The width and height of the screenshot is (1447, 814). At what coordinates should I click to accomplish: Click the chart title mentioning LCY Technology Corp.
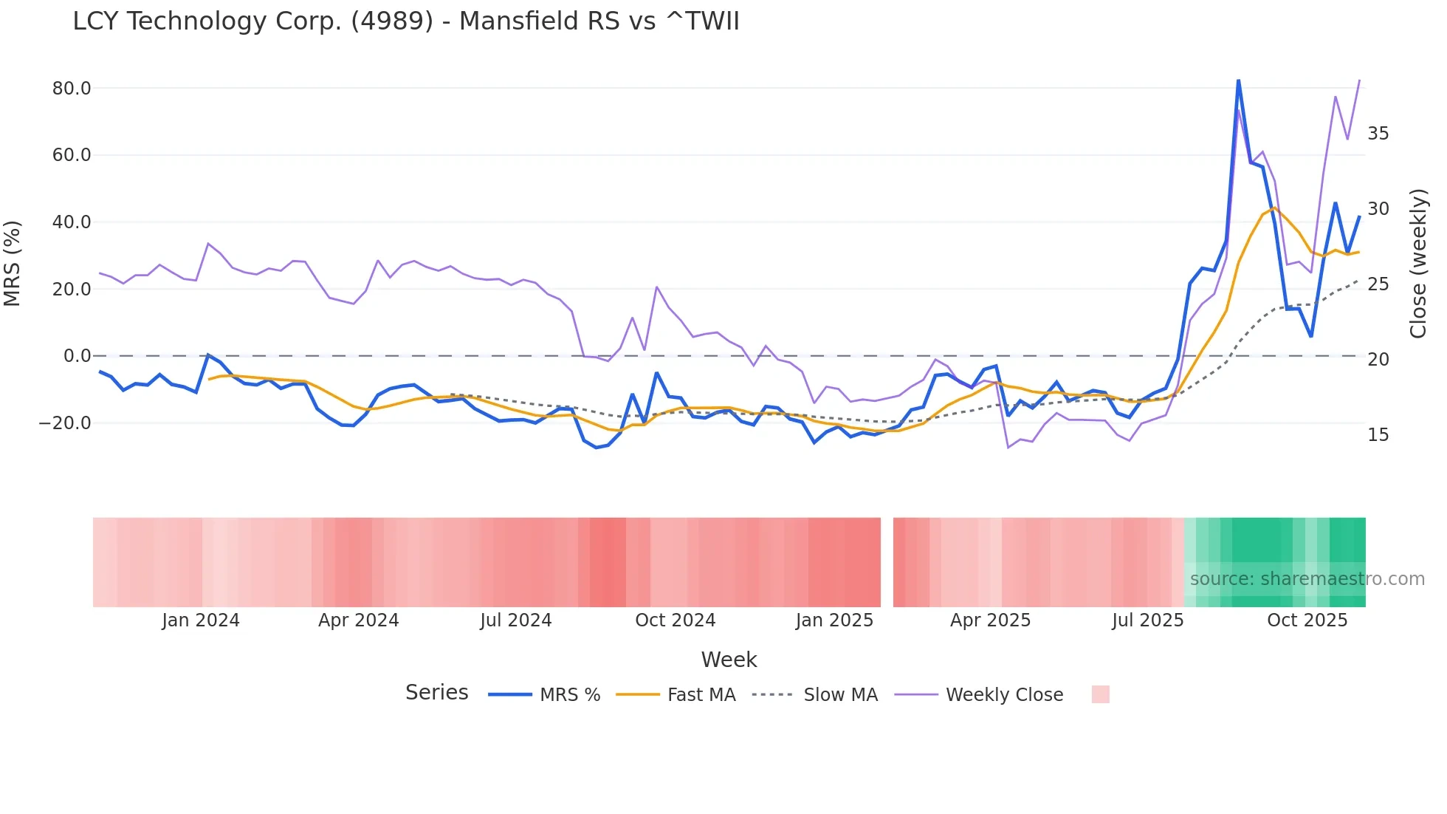[406, 21]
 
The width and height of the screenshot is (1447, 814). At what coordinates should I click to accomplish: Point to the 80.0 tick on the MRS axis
[72, 89]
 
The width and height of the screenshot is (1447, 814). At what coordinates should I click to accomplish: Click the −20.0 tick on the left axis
[66, 423]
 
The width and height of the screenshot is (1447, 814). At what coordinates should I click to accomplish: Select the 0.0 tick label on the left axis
[78, 356]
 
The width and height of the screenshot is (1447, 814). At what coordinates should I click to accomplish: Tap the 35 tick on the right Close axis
[1378, 134]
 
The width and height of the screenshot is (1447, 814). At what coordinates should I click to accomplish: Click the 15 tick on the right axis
[1378, 435]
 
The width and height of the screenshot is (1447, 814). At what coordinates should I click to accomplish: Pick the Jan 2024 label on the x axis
[201, 620]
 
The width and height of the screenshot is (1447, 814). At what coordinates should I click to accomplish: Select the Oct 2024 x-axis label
[676, 620]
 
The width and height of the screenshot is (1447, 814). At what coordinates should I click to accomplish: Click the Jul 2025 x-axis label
[1148, 620]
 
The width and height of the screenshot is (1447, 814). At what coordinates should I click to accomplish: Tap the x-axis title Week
[729, 660]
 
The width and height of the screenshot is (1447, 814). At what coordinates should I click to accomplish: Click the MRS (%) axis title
[13, 263]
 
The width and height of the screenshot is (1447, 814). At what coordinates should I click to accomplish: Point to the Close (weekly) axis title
[1418, 264]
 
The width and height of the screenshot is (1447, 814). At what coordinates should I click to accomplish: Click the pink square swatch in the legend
[1100, 694]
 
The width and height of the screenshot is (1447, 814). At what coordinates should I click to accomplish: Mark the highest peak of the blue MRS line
[1238, 80]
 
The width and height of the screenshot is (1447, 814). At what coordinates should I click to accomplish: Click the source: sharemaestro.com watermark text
[1307, 579]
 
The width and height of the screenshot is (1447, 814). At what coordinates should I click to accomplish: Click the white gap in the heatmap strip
[887, 562]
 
